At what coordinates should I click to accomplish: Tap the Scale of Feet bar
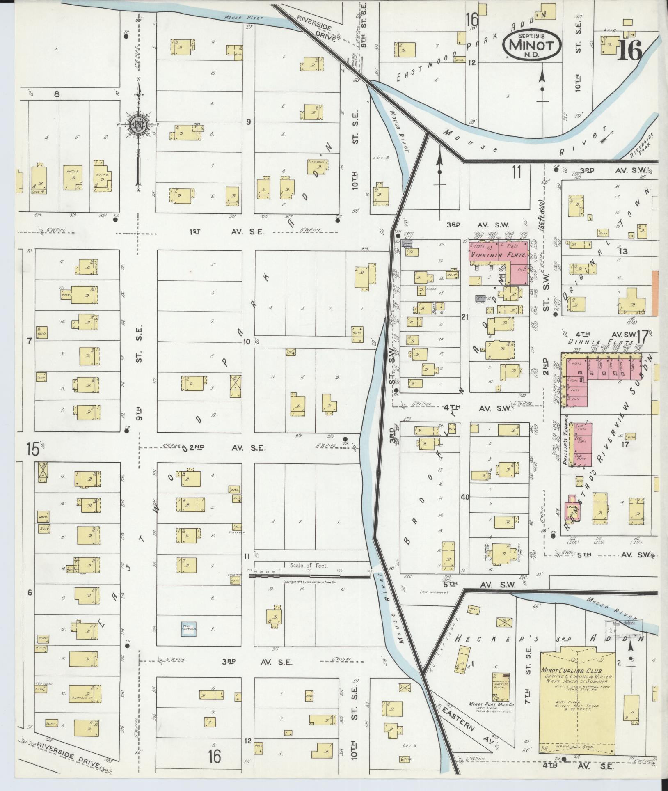(310, 576)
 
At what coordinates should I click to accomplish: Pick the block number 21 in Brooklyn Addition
(464, 316)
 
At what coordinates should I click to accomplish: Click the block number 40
(464, 497)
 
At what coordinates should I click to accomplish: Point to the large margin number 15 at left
(33, 449)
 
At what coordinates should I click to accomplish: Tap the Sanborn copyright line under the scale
(310, 582)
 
